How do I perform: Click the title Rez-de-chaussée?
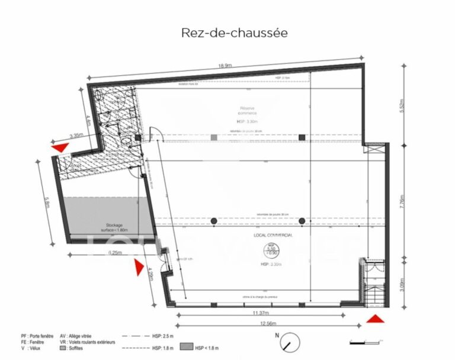pyautogui.click(x=235, y=33)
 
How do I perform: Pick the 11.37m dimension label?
pyautogui.click(x=261, y=313)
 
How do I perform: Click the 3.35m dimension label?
pyautogui.click(x=76, y=136)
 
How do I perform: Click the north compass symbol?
pyautogui.click(x=288, y=343)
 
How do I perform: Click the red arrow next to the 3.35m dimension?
pyautogui.click(x=60, y=147)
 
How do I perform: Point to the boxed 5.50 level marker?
pyautogui.click(x=271, y=250)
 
